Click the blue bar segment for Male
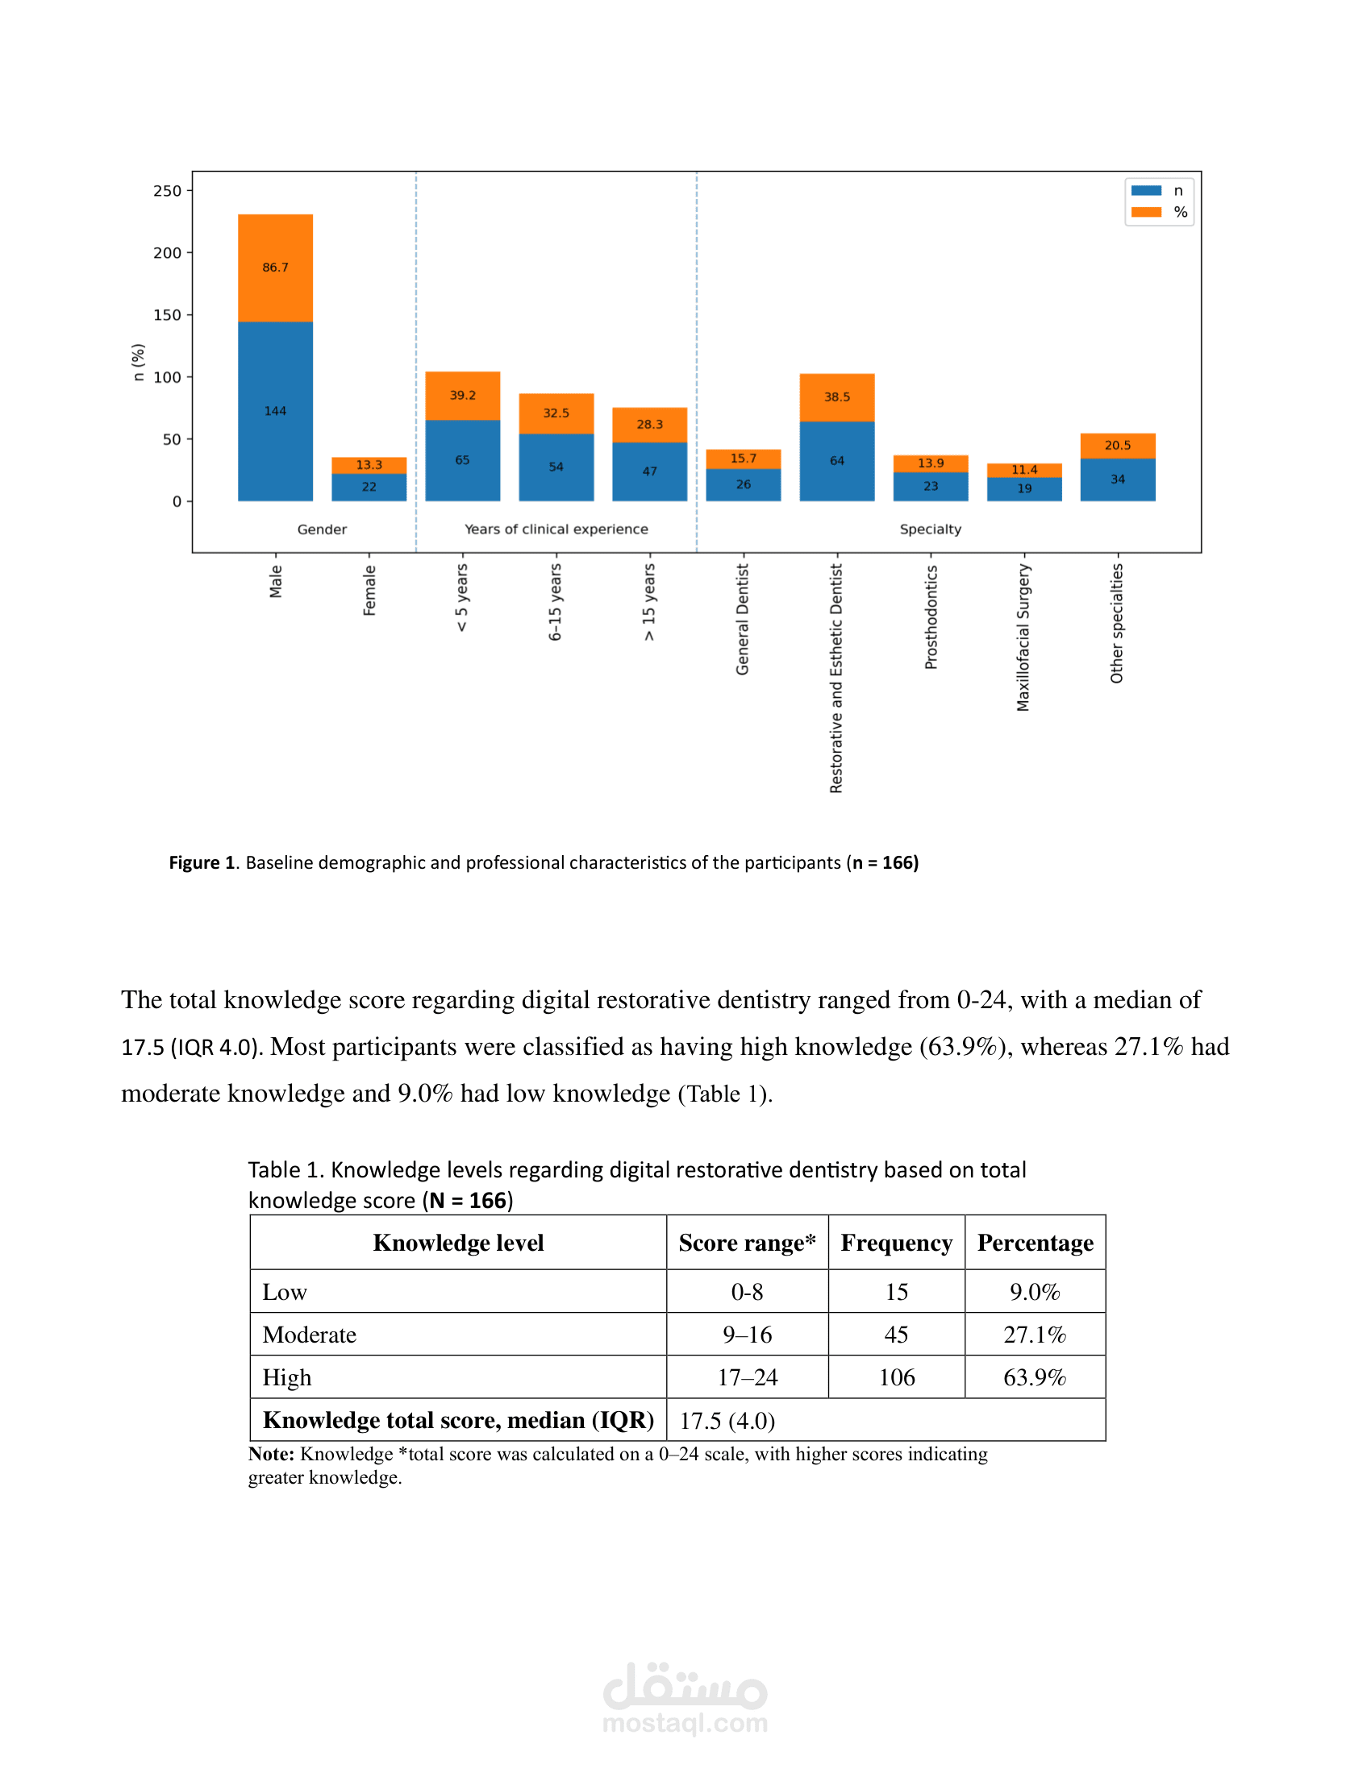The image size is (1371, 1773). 275,411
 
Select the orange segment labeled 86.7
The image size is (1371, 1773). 275,268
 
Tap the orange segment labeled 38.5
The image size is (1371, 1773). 836,397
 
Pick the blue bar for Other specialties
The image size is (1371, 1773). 1118,480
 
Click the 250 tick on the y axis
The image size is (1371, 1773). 167,191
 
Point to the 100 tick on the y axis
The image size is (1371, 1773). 167,377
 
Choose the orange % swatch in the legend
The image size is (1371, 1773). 1146,212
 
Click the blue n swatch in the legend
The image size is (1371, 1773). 1146,191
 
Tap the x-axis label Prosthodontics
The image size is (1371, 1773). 931,618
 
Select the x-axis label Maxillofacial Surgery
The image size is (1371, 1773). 1023,638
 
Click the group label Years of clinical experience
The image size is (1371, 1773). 556,529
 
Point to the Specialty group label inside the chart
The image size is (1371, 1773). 930,529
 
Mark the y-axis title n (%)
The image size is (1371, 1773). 139,362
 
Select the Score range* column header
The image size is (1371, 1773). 748,1243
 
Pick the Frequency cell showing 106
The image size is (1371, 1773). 897,1377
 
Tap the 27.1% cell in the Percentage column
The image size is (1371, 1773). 1035,1335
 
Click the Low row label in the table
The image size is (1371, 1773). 285,1293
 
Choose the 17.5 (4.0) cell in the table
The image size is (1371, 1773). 727,1421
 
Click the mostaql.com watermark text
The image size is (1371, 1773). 685,1722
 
